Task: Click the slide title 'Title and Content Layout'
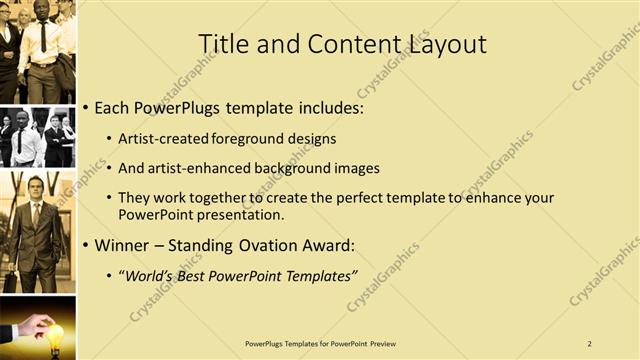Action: click(342, 44)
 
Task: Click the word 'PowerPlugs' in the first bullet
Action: click(181, 107)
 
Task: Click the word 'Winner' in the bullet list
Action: click(122, 245)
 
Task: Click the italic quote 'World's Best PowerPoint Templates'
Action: click(238, 275)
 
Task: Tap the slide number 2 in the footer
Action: click(589, 343)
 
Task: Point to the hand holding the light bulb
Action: click(30, 325)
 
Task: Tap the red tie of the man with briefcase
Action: click(38, 214)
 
